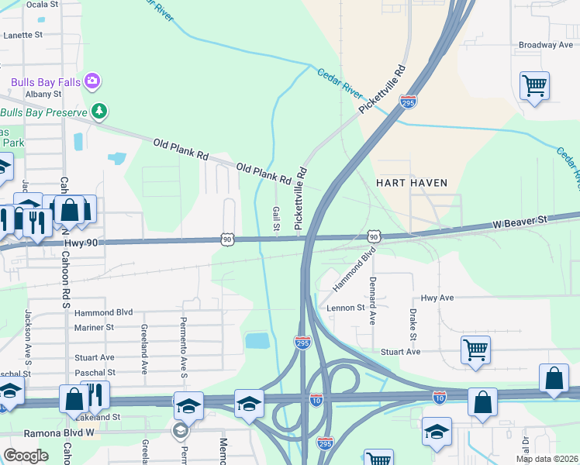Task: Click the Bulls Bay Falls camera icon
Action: pyautogui.click(x=93, y=80)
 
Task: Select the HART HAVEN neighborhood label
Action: pyautogui.click(x=412, y=183)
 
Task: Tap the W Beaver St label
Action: pyautogui.click(x=520, y=221)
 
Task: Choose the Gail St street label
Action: pyautogui.click(x=276, y=218)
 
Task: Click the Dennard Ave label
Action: pyautogui.click(x=373, y=300)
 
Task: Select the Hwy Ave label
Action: pyautogui.click(x=437, y=298)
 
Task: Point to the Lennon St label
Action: pyautogui.click(x=345, y=308)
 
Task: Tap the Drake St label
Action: pyautogui.click(x=411, y=322)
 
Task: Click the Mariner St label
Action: pyautogui.click(x=94, y=327)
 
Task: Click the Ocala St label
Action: pyautogui.click(x=43, y=4)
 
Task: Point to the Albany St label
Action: pyautogui.click(x=43, y=94)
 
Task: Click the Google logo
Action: pyautogui.click(x=26, y=456)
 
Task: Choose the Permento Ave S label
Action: pyautogui.click(x=185, y=343)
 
